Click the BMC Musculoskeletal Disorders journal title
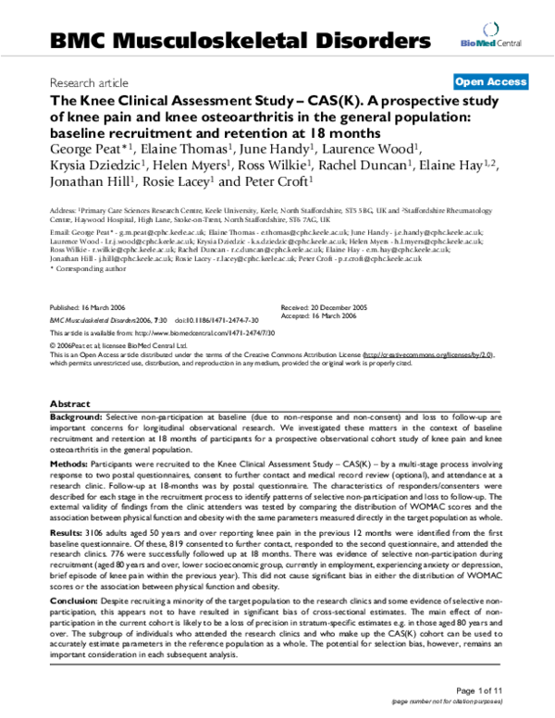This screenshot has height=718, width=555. pyautogui.click(x=241, y=40)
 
